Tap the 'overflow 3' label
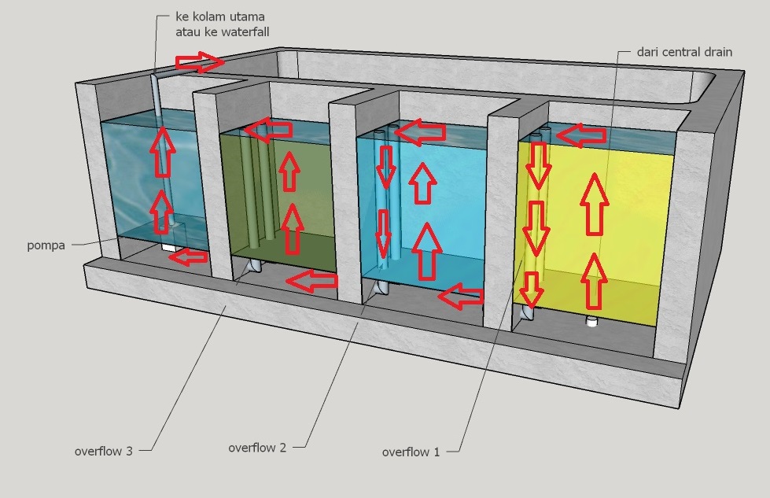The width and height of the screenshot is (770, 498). (103, 452)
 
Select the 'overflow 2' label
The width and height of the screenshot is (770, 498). (257, 448)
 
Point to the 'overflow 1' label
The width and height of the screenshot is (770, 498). (411, 452)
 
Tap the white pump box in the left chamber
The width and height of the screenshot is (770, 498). (168, 247)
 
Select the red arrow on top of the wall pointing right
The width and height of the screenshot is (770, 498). (200, 61)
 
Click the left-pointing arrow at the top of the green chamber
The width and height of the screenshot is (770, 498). (265, 129)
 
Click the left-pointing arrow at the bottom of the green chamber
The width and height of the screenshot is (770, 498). (314, 279)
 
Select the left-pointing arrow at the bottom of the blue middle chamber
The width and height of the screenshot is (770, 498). (461, 297)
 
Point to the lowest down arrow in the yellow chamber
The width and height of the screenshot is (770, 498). (532, 290)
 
